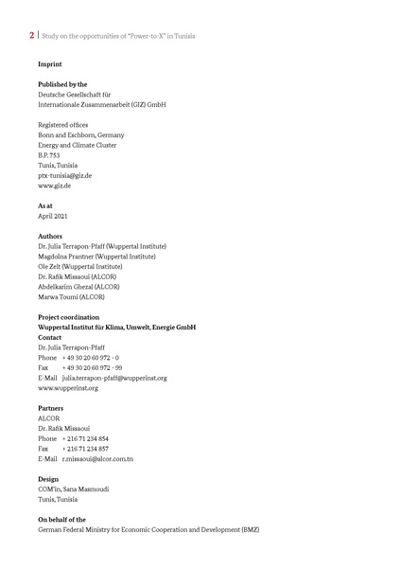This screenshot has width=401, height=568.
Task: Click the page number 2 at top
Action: (32, 36)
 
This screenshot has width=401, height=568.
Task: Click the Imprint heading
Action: (50, 65)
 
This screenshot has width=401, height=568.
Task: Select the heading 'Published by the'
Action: (62, 85)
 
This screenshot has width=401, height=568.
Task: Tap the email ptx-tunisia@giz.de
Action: (64, 175)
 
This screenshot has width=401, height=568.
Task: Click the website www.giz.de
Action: (55, 186)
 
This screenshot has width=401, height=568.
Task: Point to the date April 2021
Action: (55, 216)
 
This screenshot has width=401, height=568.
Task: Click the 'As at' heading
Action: (45, 205)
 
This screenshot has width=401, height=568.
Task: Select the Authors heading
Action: (50, 236)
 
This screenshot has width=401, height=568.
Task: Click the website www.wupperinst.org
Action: (67, 387)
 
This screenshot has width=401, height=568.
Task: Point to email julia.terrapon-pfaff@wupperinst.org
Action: (114, 378)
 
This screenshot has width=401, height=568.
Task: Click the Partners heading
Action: (51, 408)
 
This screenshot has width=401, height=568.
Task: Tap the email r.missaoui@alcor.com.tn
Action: (97, 458)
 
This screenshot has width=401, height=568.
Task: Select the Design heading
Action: (48, 479)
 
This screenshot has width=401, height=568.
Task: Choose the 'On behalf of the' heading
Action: (61, 520)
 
